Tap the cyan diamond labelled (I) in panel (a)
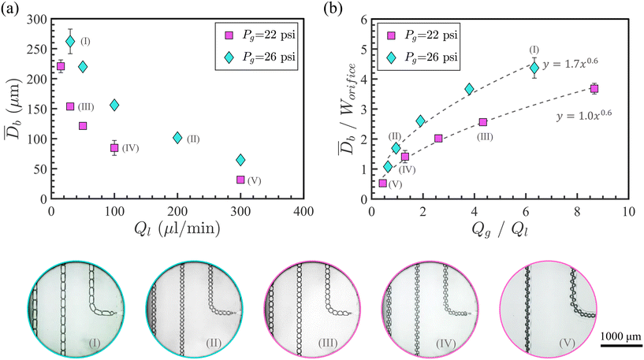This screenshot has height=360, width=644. pos(70,42)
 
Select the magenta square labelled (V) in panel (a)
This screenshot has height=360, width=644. pos(240,180)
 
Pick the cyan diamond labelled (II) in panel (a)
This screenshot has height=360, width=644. pos(177,137)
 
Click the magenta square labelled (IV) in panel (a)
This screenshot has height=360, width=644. pos(114,147)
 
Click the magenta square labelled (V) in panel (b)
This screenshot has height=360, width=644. pos(383,183)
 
